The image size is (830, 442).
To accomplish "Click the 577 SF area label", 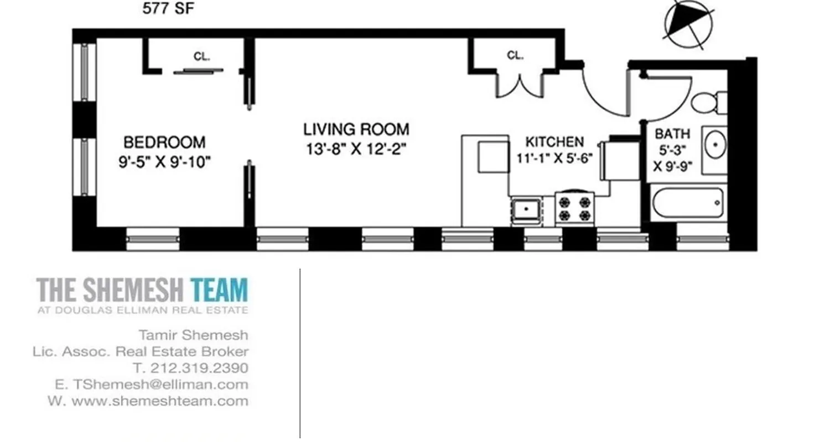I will coord(169,9).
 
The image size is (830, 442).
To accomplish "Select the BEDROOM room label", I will coord(164,143).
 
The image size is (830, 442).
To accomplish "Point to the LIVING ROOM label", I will coord(356,129).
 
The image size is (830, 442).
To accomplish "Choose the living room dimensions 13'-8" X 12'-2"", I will coord(359,149).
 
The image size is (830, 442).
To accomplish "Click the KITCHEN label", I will coord(554,141).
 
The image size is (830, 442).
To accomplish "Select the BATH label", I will coord(672,134).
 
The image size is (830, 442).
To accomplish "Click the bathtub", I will coord(688,203).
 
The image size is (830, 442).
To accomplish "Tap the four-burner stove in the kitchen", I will coord(574,208).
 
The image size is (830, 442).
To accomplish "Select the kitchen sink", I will coord(527,210).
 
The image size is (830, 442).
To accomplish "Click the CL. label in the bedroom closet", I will coord(201,56).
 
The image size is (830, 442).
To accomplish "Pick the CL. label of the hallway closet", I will coord(515,55).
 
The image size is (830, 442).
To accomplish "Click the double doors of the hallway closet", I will coord(520,86).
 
